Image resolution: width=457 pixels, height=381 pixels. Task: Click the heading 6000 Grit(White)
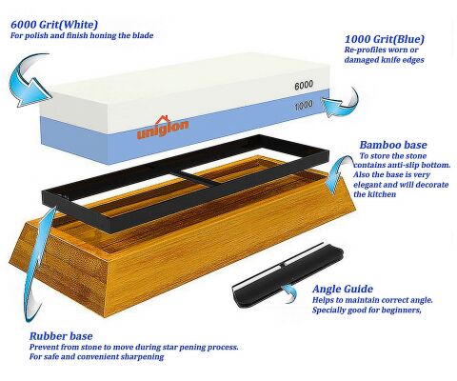54,25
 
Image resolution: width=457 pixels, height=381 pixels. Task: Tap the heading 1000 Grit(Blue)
385,39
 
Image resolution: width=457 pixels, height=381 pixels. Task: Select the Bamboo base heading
393,145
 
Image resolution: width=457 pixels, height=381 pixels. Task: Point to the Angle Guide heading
343,289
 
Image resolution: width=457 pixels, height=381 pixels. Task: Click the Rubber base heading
61,336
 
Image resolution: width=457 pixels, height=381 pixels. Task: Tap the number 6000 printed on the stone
304,85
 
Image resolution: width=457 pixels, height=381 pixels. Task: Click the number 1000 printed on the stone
304,105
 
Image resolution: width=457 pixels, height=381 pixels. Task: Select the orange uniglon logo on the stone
163,128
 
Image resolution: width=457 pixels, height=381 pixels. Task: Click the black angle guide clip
288,275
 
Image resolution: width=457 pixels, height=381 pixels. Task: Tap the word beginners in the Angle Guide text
402,310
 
